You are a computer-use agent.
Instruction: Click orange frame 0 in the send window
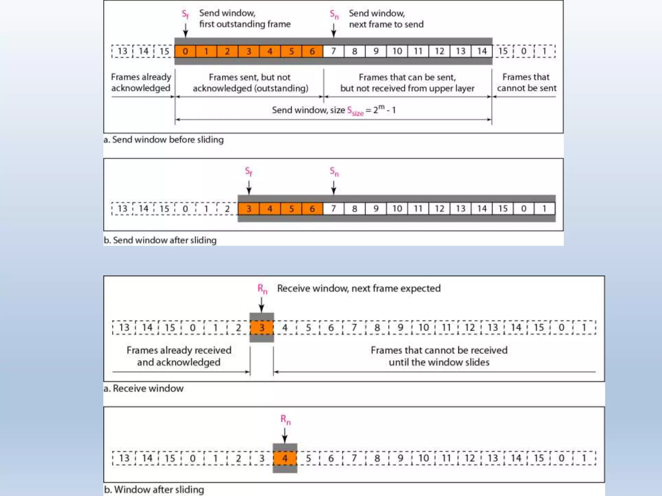pos(185,51)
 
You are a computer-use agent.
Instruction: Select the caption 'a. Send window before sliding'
pos(164,140)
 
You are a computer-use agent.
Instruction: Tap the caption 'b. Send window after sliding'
pos(160,240)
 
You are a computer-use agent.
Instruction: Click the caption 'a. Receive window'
pos(144,388)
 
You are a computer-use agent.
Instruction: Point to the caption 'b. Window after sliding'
pos(154,490)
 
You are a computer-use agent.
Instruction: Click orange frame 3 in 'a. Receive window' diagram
pos(262,328)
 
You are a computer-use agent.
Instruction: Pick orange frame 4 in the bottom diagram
pos(285,458)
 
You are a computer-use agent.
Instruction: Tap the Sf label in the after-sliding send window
pos(248,171)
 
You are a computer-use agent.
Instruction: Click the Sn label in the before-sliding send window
pos(334,14)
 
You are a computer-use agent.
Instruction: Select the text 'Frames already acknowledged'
pos(141,82)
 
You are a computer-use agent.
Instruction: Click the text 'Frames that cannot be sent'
pos(526,82)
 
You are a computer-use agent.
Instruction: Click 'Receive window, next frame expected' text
pos(359,288)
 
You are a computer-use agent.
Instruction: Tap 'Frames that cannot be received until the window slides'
pos(439,356)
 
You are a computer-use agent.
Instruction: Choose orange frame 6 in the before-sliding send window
pos(312,51)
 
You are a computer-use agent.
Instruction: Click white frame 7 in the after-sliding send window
pos(334,209)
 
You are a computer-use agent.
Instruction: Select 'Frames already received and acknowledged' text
pos(179,356)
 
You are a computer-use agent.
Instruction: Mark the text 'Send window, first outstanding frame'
pos(245,18)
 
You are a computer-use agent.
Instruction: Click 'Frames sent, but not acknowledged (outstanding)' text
pos(250,83)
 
